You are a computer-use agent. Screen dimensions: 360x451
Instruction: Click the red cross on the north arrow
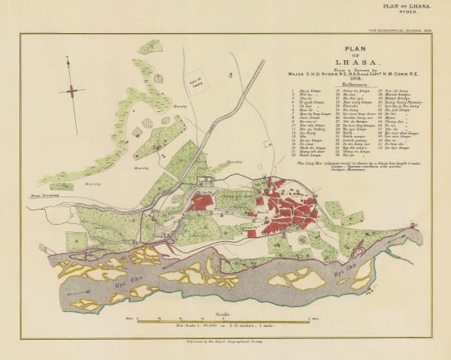tap(71, 91)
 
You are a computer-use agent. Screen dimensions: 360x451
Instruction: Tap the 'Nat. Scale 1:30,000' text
tap(225, 328)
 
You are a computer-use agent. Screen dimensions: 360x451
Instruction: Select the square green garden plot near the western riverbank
tap(76, 241)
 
